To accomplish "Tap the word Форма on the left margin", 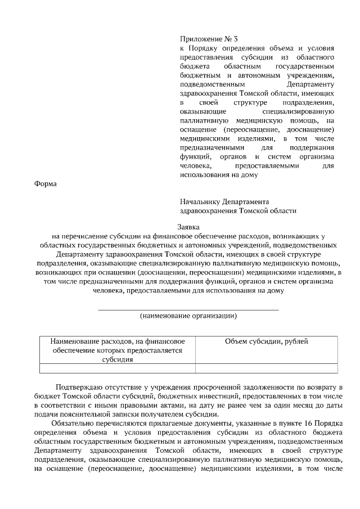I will pyautogui.click(x=46, y=183).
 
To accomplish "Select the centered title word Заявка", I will pyautogui.click(x=188, y=227).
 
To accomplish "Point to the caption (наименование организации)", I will pyautogui.click(x=188, y=316).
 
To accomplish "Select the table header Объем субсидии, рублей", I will pyautogui.click(x=266, y=341).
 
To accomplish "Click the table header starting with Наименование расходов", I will pyautogui.click(x=118, y=350).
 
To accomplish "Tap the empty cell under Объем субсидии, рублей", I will pyautogui.click(x=266, y=369).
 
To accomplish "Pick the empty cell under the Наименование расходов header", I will pyautogui.click(x=118, y=369).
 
